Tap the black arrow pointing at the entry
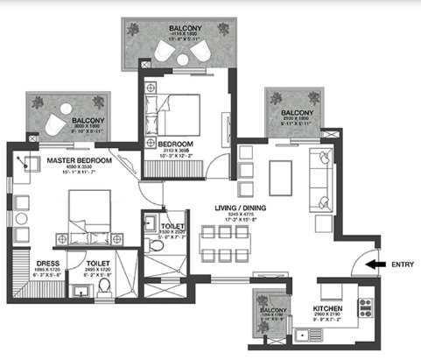coord(374,263)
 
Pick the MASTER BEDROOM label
coord(80,161)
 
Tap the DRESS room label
coord(46,261)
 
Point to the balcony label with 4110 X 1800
coord(186,28)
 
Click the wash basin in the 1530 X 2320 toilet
coord(151,221)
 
